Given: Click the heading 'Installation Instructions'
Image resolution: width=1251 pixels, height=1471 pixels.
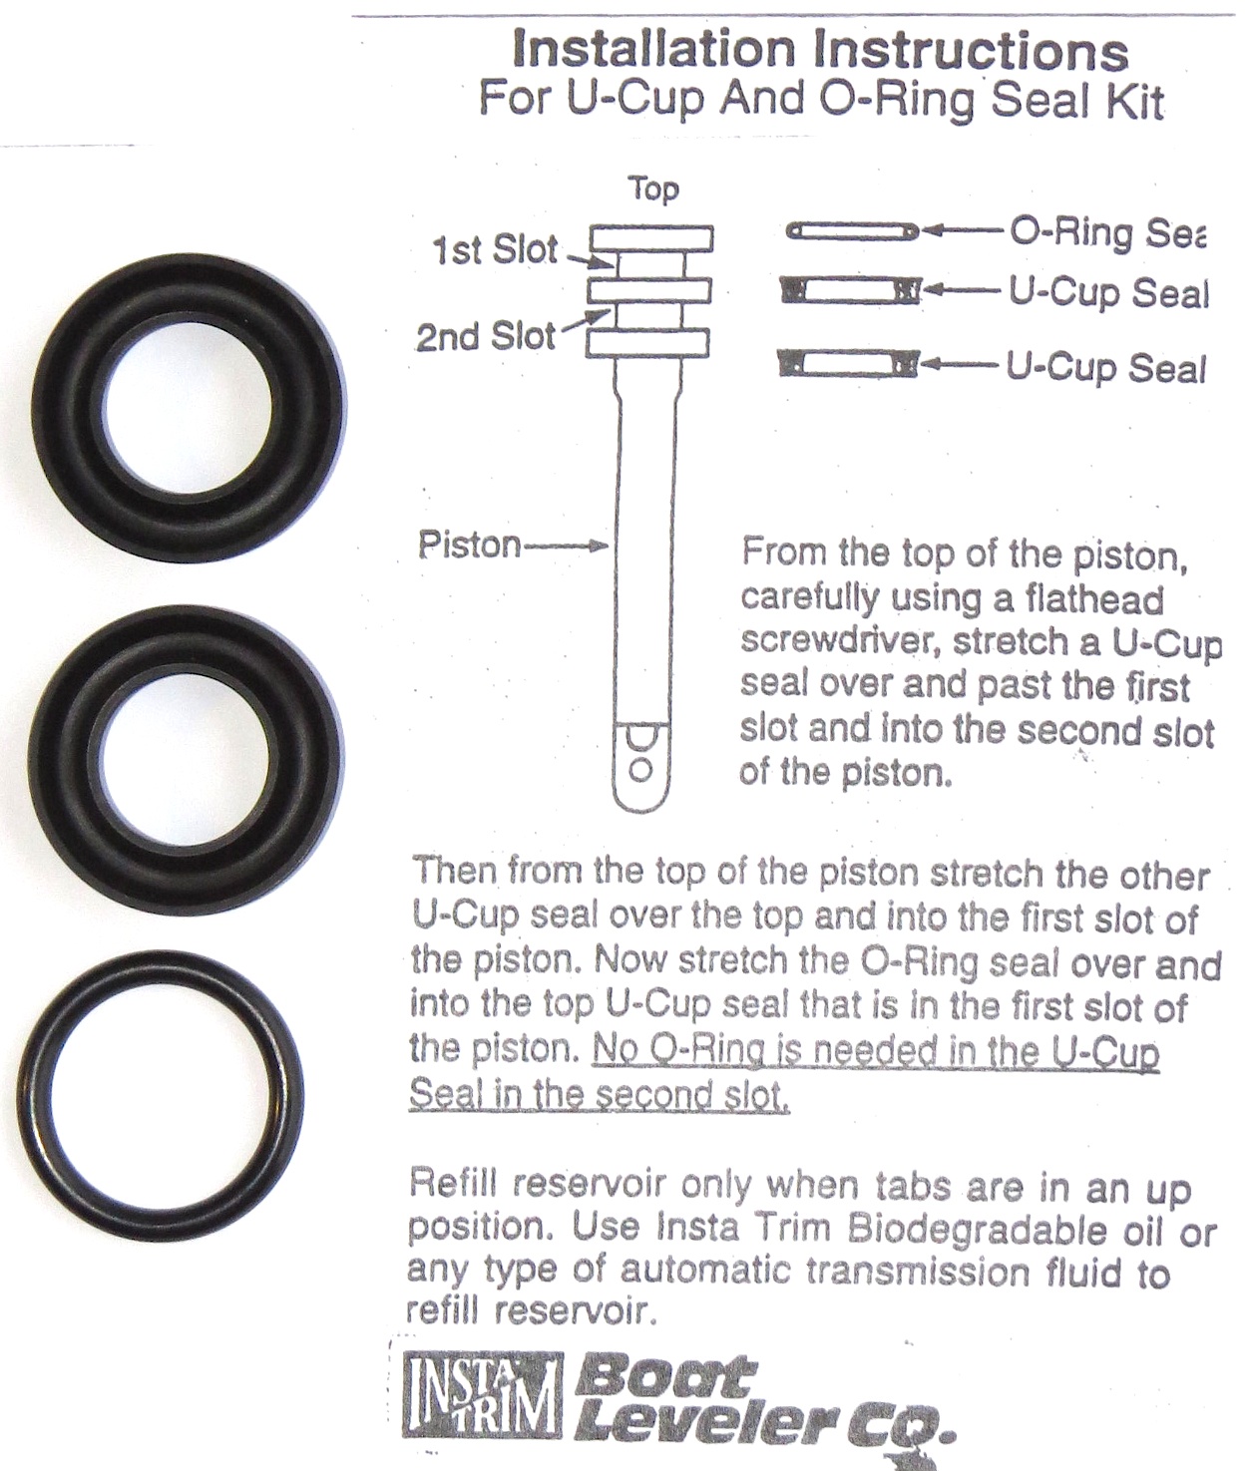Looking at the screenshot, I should coord(819,50).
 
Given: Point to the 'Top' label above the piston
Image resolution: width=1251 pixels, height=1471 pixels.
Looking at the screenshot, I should coord(652,188).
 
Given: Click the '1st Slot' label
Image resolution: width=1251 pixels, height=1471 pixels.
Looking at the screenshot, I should coord(495,250).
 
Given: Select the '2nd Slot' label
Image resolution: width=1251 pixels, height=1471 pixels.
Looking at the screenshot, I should coord(485,337).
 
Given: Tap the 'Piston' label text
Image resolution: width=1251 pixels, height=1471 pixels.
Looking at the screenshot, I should coord(469,545).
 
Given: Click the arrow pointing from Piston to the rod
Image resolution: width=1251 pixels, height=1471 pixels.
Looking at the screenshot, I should coord(567,546).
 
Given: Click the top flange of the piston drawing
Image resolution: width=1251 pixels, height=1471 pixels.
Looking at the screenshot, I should coord(651,238).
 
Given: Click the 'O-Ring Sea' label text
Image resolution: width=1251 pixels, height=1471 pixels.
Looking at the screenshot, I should coord(1107,232).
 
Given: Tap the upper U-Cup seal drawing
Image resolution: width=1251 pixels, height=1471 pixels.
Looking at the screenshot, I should coord(850,291).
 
